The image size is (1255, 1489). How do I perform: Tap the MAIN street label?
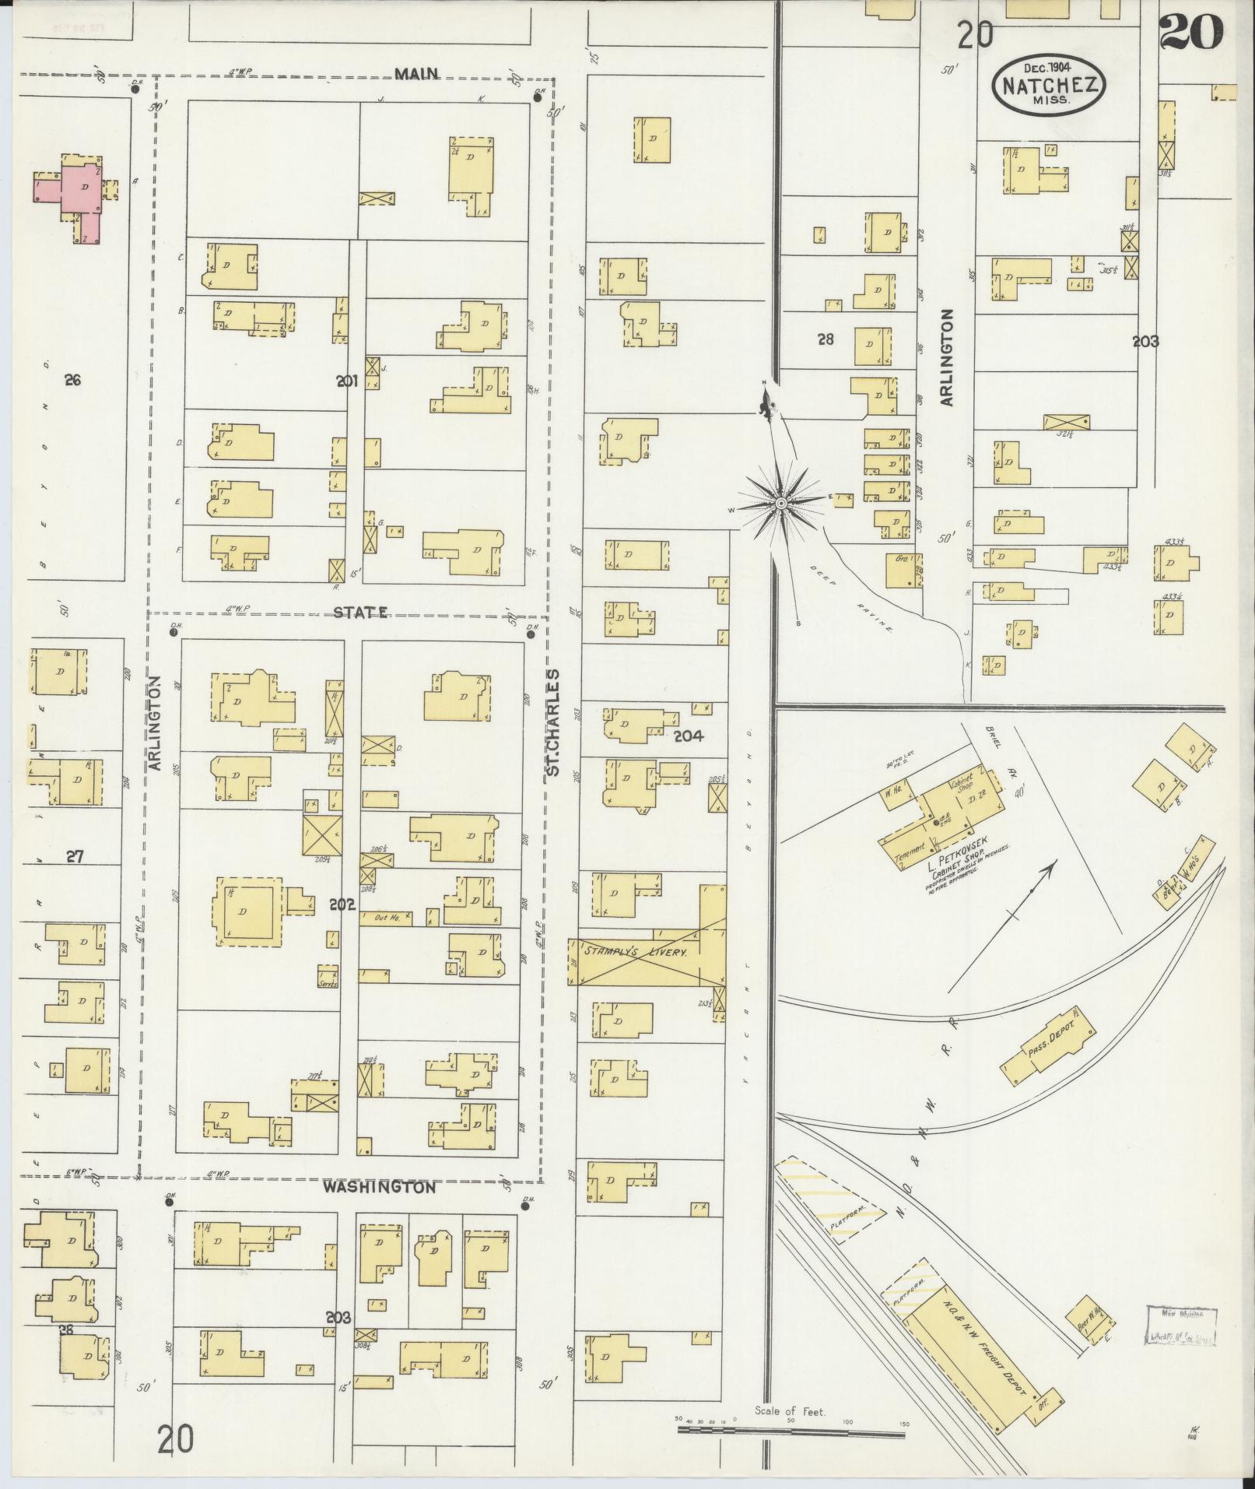tap(416, 74)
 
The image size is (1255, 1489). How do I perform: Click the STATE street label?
tap(361, 613)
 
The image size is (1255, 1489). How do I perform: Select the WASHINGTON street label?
tap(379, 1210)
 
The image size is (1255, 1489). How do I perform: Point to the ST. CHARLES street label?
tap(553, 722)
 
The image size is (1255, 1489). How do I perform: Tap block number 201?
tap(346, 381)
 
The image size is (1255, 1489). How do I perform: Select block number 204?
tap(689, 735)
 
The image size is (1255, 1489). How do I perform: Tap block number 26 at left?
tap(73, 381)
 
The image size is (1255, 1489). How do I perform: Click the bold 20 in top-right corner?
tap(1190, 33)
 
